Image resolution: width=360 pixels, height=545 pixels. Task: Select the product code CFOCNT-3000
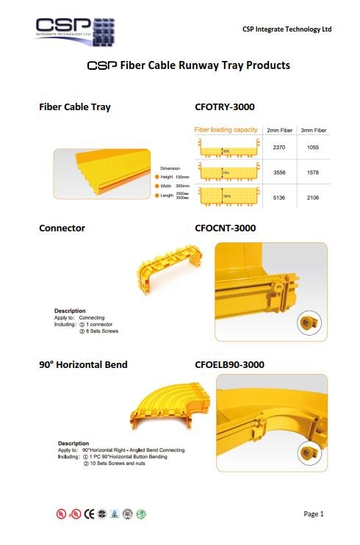click(x=225, y=228)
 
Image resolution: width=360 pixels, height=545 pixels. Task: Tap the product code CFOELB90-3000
click(x=229, y=364)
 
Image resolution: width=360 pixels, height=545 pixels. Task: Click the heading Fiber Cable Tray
click(x=75, y=108)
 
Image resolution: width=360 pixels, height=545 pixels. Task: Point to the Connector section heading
click(x=62, y=228)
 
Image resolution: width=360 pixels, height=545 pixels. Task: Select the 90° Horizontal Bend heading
click(x=83, y=364)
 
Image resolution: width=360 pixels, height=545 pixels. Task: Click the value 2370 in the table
click(x=278, y=148)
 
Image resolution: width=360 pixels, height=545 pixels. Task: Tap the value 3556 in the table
click(x=278, y=173)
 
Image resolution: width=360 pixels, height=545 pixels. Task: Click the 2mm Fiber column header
click(x=279, y=131)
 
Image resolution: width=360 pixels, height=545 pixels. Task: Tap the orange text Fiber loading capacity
click(x=226, y=130)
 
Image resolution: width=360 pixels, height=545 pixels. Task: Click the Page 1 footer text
click(x=314, y=513)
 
